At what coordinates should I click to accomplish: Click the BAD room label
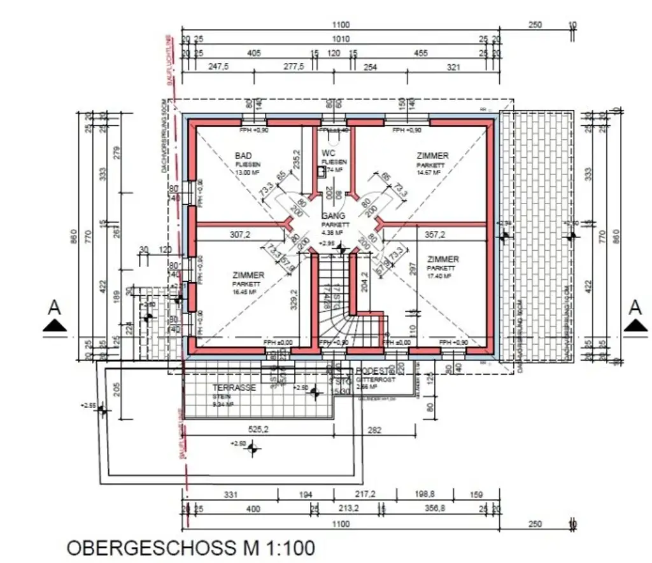[243, 156]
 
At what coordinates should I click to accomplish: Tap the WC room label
[329, 153]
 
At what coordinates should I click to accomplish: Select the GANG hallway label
[334, 216]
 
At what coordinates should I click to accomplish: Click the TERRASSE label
[234, 387]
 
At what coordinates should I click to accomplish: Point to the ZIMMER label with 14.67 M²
[432, 156]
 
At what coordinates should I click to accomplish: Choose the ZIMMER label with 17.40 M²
[443, 260]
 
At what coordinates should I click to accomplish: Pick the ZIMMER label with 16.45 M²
[248, 275]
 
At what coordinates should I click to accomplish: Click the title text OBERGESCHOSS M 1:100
[190, 548]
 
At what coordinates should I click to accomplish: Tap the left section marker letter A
[55, 308]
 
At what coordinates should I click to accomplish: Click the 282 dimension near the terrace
[374, 431]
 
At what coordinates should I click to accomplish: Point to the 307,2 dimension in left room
[239, 235]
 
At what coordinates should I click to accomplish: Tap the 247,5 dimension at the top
[218, 67]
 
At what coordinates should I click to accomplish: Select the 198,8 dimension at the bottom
[425, 494]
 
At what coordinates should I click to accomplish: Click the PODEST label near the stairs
[371, 371]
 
